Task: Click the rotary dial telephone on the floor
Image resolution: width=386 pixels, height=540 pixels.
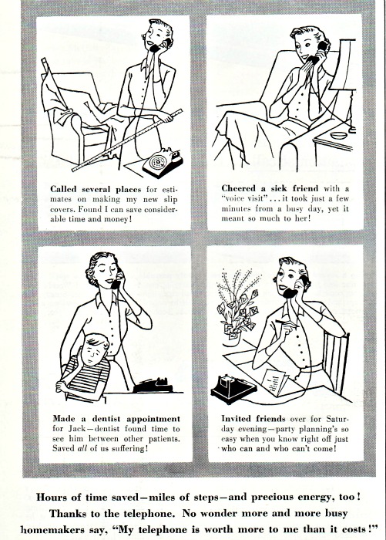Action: pyautogui.click(x=163, y=162)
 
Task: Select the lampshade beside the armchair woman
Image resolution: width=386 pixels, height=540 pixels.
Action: pyautogui.click(x=343, y=65)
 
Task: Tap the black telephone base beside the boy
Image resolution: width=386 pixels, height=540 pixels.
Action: pyautogui.click(x=153, y=386)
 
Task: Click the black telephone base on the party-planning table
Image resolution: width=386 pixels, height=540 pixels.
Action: pyautogui.click(x=233, y=389)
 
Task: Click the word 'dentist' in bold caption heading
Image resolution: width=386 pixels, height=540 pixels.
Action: pyautogui.click(x=106, y=419)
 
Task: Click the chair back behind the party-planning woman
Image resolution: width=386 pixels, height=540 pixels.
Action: pyautogui.click(x=336, y=362)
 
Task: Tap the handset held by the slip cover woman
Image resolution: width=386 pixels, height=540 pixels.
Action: pyautogui.click(x=159, y=46)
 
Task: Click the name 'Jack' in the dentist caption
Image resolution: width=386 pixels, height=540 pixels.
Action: pyautogui.click(x=76, y=429)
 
